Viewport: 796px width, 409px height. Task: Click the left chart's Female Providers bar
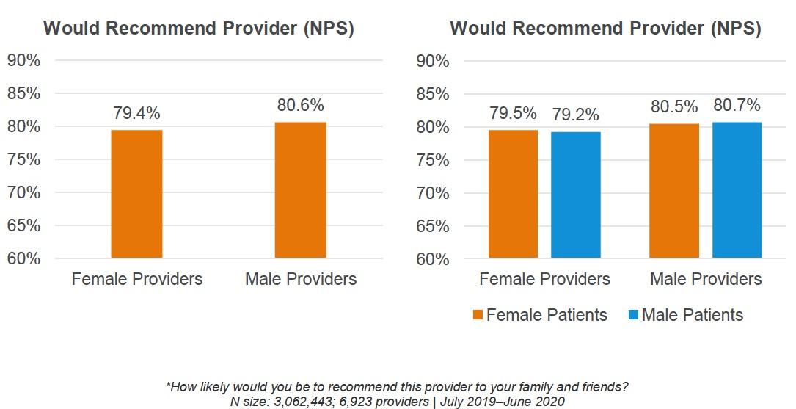[136, 194]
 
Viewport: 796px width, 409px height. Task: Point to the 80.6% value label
[300, 105]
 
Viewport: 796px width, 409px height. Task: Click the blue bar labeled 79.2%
[576, 195]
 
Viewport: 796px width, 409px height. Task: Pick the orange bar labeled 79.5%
[514, 194]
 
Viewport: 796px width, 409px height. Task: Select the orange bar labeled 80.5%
[674, 191]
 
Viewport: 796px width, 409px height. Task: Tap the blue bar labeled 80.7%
[737, 190]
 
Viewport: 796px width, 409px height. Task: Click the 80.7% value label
[737, 105]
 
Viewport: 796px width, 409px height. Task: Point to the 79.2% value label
[576, 115]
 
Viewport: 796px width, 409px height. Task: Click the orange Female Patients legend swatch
[478, 315]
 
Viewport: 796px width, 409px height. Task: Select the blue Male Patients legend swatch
[632, 315]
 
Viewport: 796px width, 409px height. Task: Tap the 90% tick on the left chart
[23, 60]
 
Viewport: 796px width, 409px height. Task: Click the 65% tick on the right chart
[432, 226]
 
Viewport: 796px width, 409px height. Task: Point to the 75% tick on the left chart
[23, 159]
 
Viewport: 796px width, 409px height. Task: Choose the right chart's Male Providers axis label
[706, 280]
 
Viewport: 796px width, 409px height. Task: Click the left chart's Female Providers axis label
[136, 279]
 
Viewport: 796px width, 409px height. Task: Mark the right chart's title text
[605, 29]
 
